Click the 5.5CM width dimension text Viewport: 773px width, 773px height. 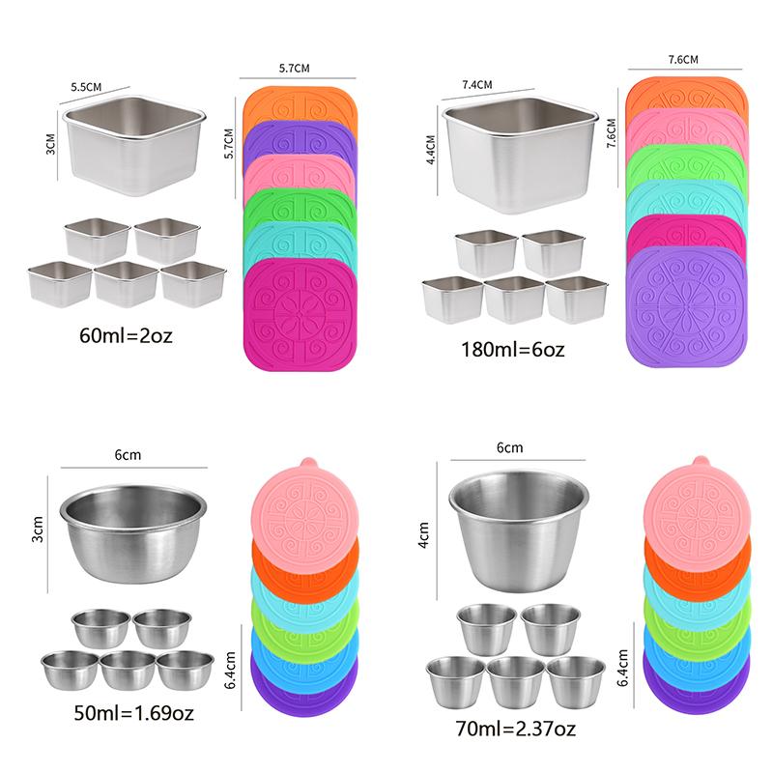pyautogui.click(x=87, y=87)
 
